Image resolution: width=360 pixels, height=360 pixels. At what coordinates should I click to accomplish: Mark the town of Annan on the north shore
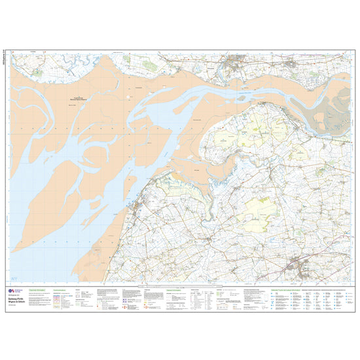234,63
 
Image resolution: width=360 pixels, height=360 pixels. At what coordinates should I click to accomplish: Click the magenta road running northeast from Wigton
321,252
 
